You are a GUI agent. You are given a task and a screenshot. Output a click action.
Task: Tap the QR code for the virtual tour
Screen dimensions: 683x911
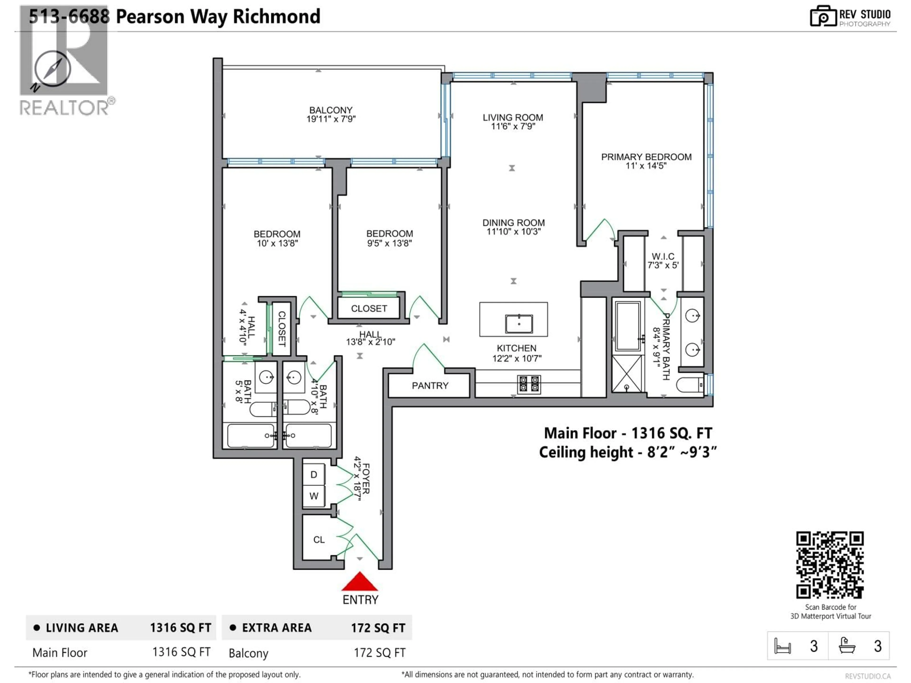point(830,565)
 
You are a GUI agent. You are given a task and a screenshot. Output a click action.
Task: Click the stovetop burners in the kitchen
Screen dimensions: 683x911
point(529,384)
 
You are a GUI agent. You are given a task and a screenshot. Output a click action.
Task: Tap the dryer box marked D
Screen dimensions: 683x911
point(314,475)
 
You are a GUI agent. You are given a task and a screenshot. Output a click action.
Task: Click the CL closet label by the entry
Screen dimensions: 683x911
point(319,539)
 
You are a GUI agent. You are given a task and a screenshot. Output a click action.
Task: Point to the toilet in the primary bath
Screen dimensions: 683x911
point(690,385)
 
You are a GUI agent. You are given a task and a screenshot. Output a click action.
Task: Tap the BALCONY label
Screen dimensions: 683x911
point(331,110)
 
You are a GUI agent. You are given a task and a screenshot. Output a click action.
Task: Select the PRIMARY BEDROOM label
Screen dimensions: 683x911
point(646,157)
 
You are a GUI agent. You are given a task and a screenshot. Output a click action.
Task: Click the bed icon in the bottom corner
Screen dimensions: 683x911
point(782,646)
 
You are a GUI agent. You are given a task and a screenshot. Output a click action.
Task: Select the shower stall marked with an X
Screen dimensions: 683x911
point(627,374)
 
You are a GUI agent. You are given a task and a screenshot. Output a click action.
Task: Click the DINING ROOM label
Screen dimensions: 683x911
point(514,223)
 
